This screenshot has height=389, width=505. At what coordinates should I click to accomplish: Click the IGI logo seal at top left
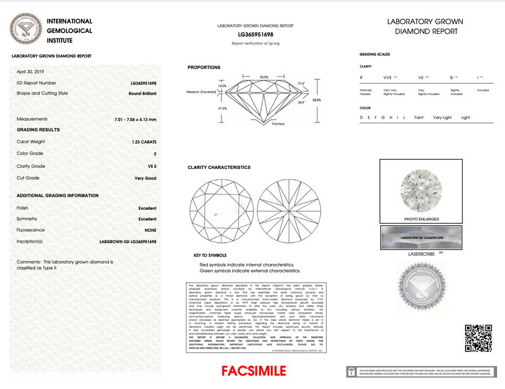pos(27,29)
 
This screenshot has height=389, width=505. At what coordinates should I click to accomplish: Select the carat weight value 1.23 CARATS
pos(144,142)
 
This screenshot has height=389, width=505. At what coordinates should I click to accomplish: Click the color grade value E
pos(155,154)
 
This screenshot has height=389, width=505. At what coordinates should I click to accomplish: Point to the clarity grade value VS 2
pos(152,166)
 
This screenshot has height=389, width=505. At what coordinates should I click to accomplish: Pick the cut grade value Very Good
pos(145,178)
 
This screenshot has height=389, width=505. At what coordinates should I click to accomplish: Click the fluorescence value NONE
pos(150,230)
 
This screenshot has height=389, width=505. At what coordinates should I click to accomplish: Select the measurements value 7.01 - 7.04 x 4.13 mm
pos(135,120)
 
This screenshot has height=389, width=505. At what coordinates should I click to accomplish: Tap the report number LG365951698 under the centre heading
pos(255,35)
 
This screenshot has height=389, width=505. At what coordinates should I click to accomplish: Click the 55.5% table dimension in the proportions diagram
pos(264,77)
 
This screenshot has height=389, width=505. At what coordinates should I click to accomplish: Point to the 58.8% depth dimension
pos(317,100)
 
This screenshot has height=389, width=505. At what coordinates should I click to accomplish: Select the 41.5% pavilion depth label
pos(222,108)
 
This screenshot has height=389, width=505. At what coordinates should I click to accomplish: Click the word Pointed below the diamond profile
pos(278,124)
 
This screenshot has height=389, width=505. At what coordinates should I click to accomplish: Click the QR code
pos(478,338)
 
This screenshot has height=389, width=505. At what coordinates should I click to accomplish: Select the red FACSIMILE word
pos(253,371)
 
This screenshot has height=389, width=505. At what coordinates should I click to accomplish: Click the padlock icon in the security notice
pos(352,372)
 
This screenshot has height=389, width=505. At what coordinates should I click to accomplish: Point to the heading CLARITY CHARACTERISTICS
pos(219,167)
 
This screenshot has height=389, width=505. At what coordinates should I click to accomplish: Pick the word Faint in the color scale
pos(419,118)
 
